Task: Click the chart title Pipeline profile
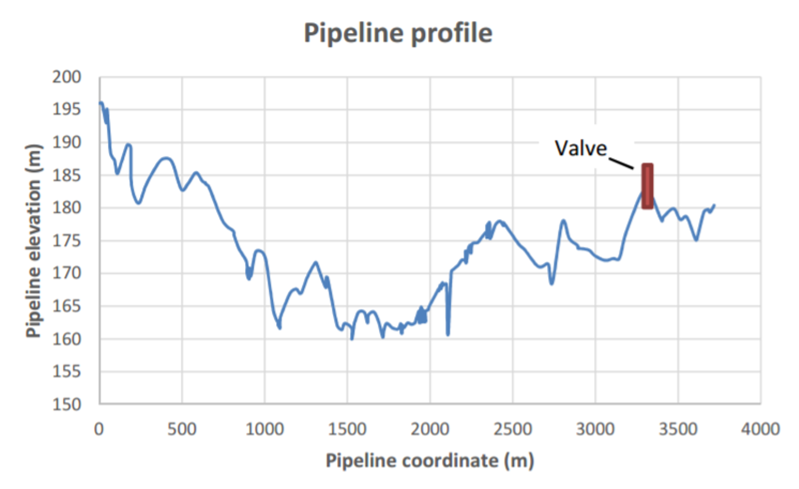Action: tap(398, 33)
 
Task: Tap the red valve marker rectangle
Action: tap(647, 186)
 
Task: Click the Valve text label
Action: tap(581, 149)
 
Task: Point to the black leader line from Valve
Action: tap(621, 164)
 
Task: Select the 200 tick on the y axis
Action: tap(66, 77)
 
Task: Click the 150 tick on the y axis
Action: tap(66, 404)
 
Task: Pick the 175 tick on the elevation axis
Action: tap(66, 241)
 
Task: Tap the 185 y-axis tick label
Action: tap(66, 175)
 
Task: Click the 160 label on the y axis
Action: tap(66, 339)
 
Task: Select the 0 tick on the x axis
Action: tap(99, 429)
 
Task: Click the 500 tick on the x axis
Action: tap(182, 429)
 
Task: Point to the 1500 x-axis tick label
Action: tap(347, 429)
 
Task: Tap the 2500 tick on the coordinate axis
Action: tap(512, 429)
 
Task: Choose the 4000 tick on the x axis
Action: tap(760, 429)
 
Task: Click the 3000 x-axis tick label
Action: tap(595, 429)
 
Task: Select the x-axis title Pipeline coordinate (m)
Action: tap(430, 461)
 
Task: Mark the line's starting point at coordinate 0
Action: tap(100, 103)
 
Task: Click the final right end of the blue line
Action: tap(714, 205)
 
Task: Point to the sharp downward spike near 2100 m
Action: tap(448, 334)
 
